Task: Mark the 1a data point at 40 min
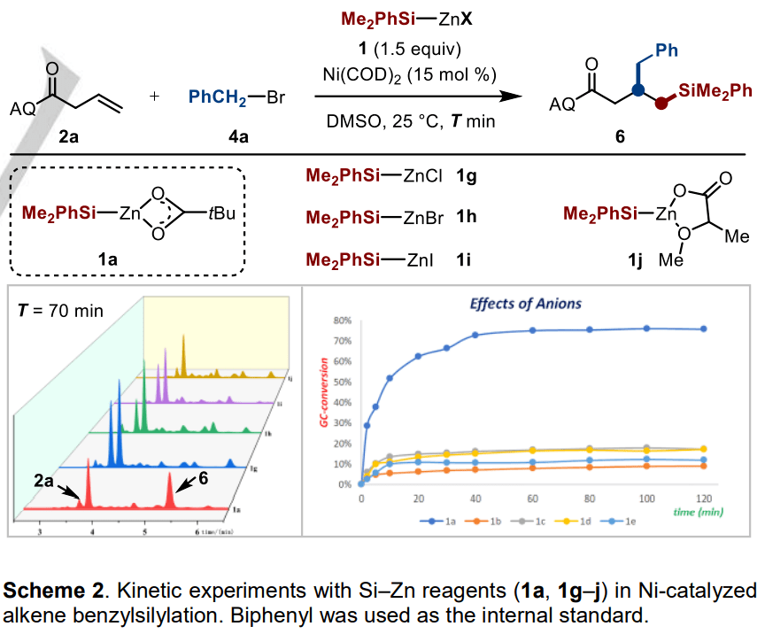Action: (475, 335)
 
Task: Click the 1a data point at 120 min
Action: (704, 329)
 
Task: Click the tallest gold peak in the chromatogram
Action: (183, 336)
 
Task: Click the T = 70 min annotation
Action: (61, 310)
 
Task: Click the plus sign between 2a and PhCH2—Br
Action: (157, 97)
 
